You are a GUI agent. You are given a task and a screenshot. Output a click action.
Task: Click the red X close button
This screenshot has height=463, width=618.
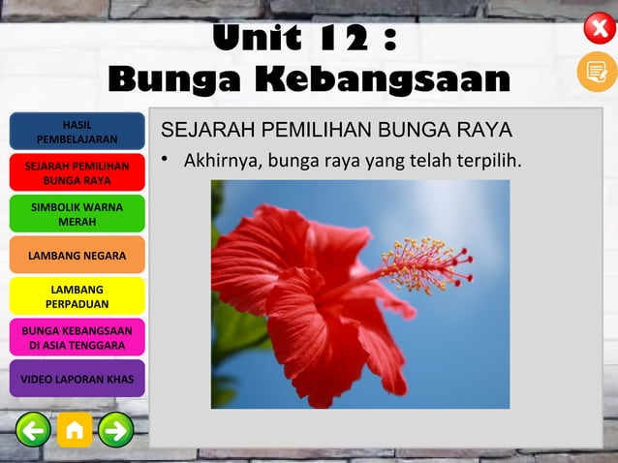[x=599, y=27]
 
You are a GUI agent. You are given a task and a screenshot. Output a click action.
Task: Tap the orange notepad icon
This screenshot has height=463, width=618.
[x=597, y=72]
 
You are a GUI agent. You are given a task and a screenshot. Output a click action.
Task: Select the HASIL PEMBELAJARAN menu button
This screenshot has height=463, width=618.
[x=77, y=132]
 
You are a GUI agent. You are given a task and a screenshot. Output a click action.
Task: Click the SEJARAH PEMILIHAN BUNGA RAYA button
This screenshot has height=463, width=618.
[x=77, y=173]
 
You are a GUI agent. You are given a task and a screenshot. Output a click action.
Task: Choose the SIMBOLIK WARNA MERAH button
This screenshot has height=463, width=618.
[x=77, y=214]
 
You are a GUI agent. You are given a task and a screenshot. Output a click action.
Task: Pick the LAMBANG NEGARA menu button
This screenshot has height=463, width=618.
[x=77, y=256]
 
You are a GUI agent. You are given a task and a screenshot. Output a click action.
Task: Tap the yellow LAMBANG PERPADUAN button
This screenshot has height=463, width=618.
[x=77, y=296]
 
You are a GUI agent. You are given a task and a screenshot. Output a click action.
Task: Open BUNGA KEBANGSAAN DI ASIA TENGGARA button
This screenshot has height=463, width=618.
[x=77, y=337]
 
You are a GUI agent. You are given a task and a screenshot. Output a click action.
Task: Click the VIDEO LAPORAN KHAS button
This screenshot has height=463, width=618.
[x=77, y=379]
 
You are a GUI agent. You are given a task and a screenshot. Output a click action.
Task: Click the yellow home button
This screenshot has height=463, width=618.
[x=75, y=429]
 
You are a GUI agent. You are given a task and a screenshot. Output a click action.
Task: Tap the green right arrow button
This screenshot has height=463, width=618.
[x=116, y=429]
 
